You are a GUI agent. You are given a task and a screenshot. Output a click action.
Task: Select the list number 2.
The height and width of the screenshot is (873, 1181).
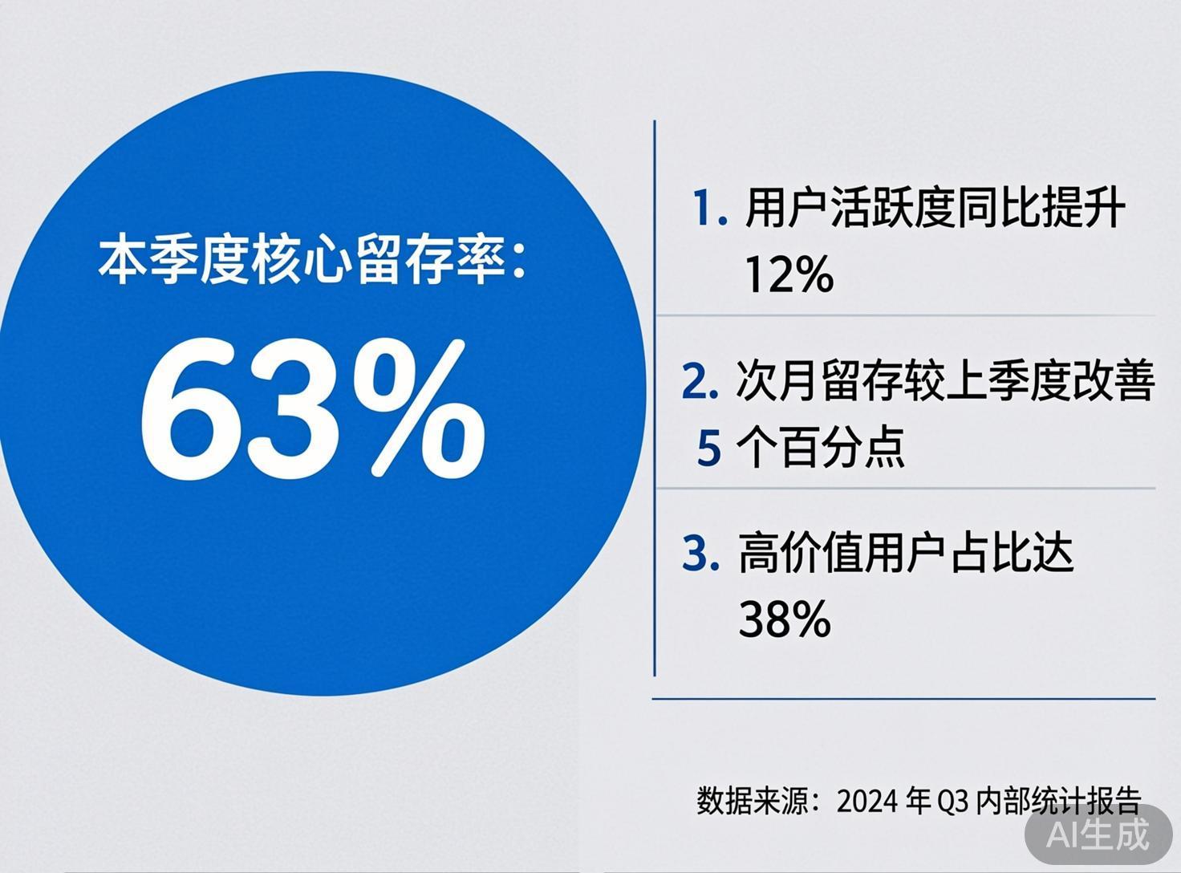[698, 382]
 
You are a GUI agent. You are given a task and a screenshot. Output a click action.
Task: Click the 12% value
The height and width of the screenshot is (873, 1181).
[789, 275]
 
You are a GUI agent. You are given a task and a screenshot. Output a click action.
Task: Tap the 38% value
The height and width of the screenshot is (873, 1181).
[784, 619]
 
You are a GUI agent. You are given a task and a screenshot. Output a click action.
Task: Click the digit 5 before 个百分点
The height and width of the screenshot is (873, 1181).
[709, 448]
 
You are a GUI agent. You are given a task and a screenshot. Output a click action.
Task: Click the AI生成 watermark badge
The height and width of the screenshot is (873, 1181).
[1098, 834]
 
